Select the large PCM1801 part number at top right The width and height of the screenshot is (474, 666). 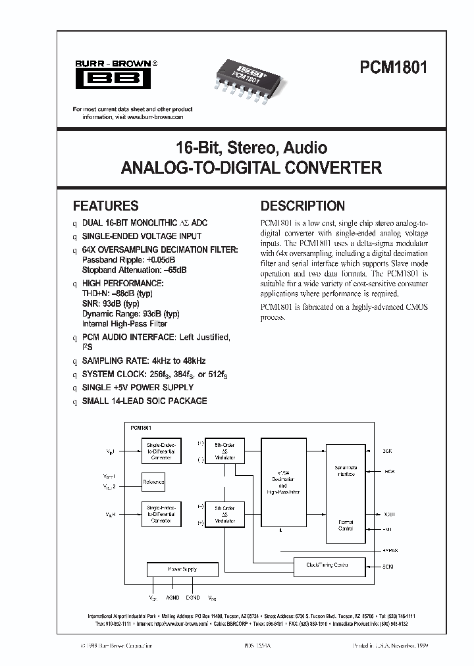(x=393, y=69)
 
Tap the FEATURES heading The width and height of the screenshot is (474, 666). (x=105, y=205)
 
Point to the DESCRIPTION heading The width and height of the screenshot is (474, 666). (x=303, y=205)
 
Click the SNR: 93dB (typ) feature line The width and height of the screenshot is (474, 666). (x=111, y=303)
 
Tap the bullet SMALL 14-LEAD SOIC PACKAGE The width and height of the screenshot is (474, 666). (x=144, y=401)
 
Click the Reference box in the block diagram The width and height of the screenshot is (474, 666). (x=153, y=482)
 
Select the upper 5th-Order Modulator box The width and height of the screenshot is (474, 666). (x=224, y=451)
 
